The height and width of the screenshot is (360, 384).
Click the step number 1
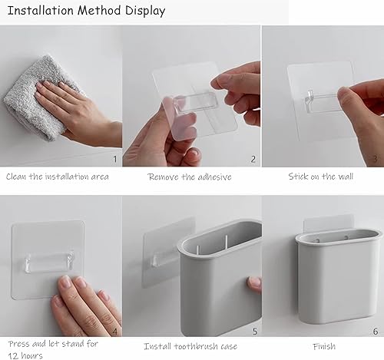115,159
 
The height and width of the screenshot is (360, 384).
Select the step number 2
253,159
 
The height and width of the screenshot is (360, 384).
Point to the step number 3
375,159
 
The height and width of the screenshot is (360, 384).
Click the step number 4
115,332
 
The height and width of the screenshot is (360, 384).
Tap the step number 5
253,332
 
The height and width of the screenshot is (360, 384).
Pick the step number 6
375,332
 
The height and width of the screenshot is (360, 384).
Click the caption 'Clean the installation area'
58,177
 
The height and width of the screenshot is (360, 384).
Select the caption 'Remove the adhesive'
190,177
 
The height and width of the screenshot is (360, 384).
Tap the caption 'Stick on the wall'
321,177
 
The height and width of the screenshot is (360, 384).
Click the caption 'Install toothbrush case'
190,347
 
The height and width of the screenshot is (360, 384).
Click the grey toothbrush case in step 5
219,292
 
